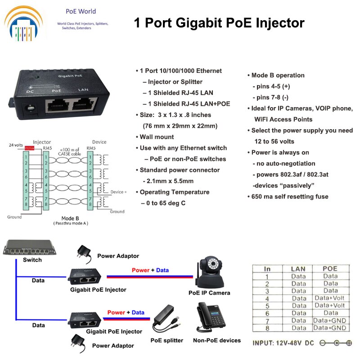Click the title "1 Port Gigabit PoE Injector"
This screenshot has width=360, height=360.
[219, 23]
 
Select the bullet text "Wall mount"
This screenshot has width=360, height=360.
[157, 137]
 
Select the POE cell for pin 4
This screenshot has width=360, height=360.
[330, 298]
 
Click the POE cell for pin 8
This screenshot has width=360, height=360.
[330, 328]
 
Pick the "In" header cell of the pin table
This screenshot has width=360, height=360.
[267, 269]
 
